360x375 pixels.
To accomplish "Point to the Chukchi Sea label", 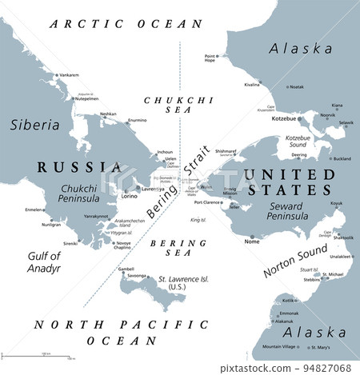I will (x=162, y=106).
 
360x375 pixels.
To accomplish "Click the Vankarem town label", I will (x=68, y=74).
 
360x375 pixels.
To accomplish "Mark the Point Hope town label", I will (x=210, y=58).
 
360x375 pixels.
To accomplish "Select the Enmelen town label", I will (x=34, y=209).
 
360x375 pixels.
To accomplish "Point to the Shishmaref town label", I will (x=225, y=150).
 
